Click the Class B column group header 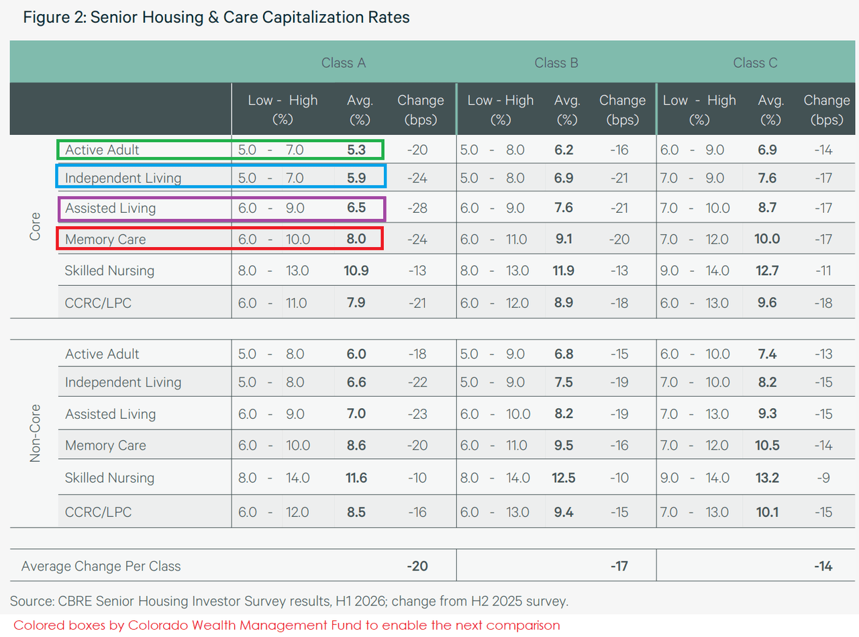tap(556, 63)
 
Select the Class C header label tap(755, 63)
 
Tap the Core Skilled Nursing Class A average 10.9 tap(356, 271)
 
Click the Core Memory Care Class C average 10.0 tap(767, 239)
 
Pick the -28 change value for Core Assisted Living tap(417, 208)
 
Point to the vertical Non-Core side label tap(35, 433)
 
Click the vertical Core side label tap(35, 226)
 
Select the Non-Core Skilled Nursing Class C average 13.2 tap(767, 477)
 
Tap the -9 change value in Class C tap(823, 478)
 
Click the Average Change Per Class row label tap(101, 566)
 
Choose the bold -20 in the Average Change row tap(417, 566)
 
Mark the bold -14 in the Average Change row tap(823, 566)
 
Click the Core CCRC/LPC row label tap(98, 303)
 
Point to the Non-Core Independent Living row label tap(123, 383)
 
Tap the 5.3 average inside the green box tap(356, 150)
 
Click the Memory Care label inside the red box tap(105, 240)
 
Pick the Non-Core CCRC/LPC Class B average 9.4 tap(564, 512)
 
